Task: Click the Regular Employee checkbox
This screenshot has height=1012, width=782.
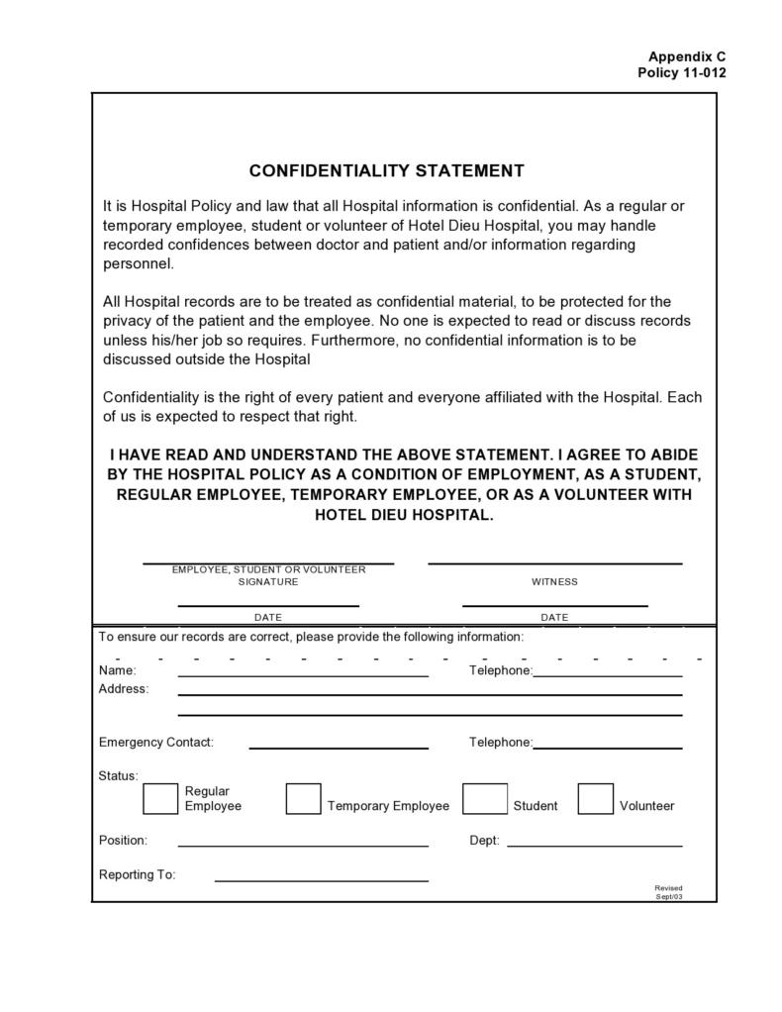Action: [x=160, y=798]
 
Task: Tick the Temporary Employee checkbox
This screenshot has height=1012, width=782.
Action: [x=303, y=798]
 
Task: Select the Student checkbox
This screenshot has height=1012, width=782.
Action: [x=485, y=798]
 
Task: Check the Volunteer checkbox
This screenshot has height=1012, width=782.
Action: [x=595, y=798]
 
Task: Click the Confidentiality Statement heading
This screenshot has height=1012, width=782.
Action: [x=386, y=171]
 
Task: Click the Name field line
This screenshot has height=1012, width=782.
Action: [x=303, y=675]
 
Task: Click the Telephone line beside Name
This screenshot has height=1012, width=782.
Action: [x=607, y=675]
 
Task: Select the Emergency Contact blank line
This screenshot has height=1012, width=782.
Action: [x=338, y=748]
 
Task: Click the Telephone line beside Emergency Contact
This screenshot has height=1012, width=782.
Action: [x=607, y=748]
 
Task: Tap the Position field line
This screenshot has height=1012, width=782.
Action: [x=303, y=846]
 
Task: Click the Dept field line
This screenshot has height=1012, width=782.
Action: [x=594, y=846]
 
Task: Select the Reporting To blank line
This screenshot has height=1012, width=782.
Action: [x=321, y=879]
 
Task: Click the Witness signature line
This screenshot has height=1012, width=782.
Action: [x=554, y=562]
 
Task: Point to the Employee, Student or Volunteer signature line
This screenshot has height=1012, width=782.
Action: [x=268, y=562]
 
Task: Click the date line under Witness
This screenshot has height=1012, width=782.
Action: [x=554, y=604]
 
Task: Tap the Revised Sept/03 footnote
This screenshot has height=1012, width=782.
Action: [x=668, y=892]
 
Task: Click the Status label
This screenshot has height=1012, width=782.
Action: [x=119, y=775]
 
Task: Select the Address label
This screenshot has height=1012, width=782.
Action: [x=124, y=689]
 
